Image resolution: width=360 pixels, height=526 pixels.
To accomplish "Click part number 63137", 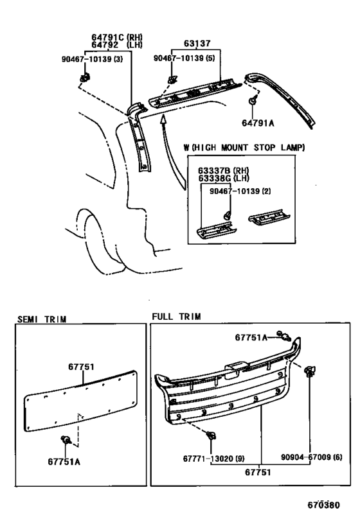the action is [197, 43].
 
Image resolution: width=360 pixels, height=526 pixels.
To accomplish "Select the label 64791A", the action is [258, 123].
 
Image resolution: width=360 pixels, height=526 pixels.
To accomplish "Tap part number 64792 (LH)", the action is [117, 44].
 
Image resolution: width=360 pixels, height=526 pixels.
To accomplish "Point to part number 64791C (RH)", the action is [117, 37].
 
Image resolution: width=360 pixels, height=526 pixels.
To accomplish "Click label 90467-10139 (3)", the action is [92, 59].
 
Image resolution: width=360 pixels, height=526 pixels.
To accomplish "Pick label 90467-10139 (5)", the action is [184, 58].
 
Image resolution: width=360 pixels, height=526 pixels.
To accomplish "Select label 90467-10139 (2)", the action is [240, 191].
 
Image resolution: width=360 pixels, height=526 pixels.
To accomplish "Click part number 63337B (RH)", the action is [223, 171].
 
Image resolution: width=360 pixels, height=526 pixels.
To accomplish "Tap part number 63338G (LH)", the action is [223, 178].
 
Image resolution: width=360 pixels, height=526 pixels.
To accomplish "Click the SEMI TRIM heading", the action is [42, 319].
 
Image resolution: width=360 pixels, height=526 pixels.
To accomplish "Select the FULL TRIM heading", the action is [176, 317].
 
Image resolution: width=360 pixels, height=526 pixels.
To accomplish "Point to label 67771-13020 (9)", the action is [213, 458].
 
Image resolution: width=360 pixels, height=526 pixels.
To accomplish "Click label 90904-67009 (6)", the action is [311, 457].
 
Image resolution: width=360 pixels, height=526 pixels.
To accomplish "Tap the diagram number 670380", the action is [324, 505].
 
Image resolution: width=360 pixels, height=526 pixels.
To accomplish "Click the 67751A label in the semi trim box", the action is [64, 462].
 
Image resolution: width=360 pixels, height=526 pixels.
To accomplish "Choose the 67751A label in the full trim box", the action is [251, 337].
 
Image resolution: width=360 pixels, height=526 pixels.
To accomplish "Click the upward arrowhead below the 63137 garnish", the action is [163, 119].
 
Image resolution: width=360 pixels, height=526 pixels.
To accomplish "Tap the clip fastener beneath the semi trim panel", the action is [65, 439].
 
